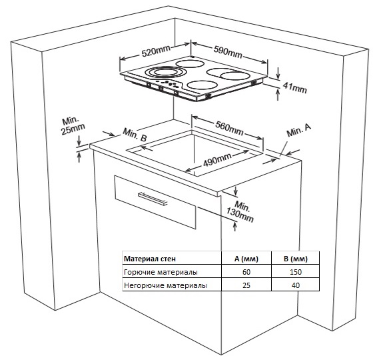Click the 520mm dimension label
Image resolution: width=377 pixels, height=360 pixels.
point(156,51)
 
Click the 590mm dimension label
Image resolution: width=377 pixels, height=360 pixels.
point(228,52)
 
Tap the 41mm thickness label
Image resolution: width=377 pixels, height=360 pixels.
point(295,87)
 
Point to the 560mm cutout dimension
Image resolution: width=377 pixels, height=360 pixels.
point(229,128)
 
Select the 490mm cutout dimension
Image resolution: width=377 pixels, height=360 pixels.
point(217,160)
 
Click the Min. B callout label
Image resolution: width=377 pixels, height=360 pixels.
point(135,135)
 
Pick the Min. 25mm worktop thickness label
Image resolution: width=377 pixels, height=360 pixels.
point(73,126)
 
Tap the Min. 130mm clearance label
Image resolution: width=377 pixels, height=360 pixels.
point(240,211)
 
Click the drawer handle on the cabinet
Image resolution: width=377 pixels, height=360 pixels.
point(153,199)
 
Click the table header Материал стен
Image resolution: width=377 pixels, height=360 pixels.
point(150,259)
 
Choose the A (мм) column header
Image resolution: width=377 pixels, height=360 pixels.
point(246,259)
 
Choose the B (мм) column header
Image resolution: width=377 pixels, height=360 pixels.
point(296,259)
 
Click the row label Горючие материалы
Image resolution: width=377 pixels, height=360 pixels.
point(161,272)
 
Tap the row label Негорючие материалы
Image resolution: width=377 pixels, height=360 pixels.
point(165,285)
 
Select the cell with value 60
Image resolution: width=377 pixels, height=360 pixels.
point(246,272)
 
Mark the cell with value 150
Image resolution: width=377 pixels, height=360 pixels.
point(296,272)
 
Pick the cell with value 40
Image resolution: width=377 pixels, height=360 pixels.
point(296,285)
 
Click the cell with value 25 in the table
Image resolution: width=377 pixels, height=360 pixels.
point(246,285)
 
